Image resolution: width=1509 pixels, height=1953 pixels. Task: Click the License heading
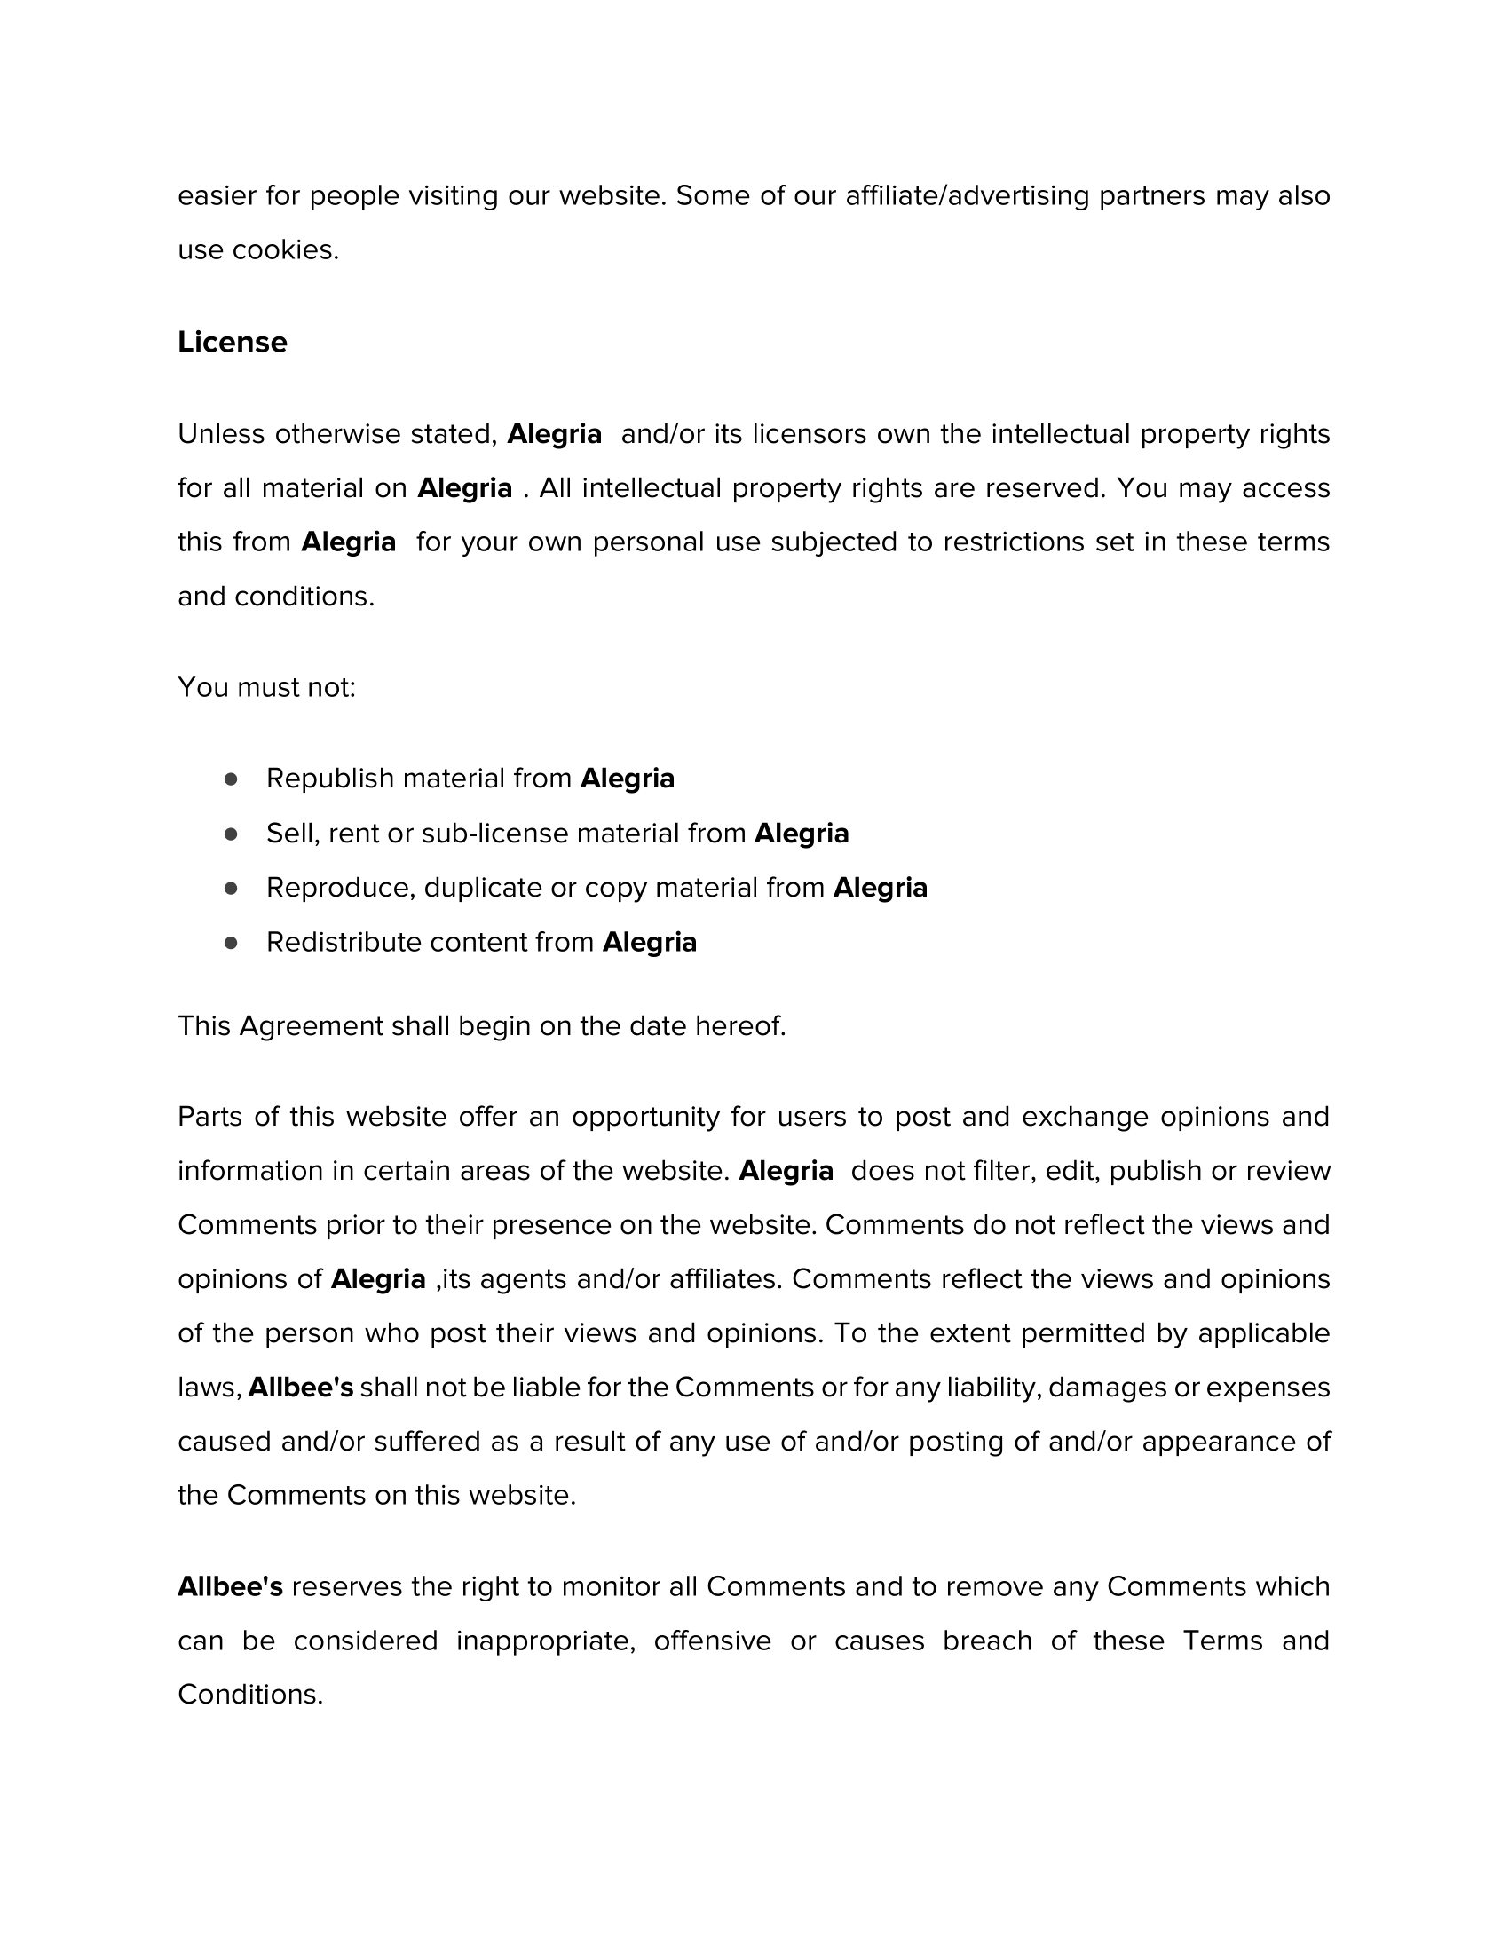233,343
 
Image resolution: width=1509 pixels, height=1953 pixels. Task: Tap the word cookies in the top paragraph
285,250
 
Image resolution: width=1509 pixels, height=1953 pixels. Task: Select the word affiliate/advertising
968,196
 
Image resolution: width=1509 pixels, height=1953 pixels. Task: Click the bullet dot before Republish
231,779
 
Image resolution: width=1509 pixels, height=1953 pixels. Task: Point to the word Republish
330,779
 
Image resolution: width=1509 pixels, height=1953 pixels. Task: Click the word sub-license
494,834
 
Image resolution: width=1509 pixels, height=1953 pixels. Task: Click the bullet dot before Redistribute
231,943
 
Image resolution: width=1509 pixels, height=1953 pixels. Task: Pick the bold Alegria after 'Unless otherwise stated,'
554,435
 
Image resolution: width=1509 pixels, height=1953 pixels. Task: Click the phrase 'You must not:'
266,688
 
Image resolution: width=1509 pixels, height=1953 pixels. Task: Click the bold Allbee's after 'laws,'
300,1388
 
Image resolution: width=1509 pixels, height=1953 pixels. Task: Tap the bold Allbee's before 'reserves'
230,1586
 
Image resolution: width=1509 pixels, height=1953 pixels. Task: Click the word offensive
713,1641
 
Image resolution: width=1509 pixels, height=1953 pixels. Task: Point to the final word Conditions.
249,1695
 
